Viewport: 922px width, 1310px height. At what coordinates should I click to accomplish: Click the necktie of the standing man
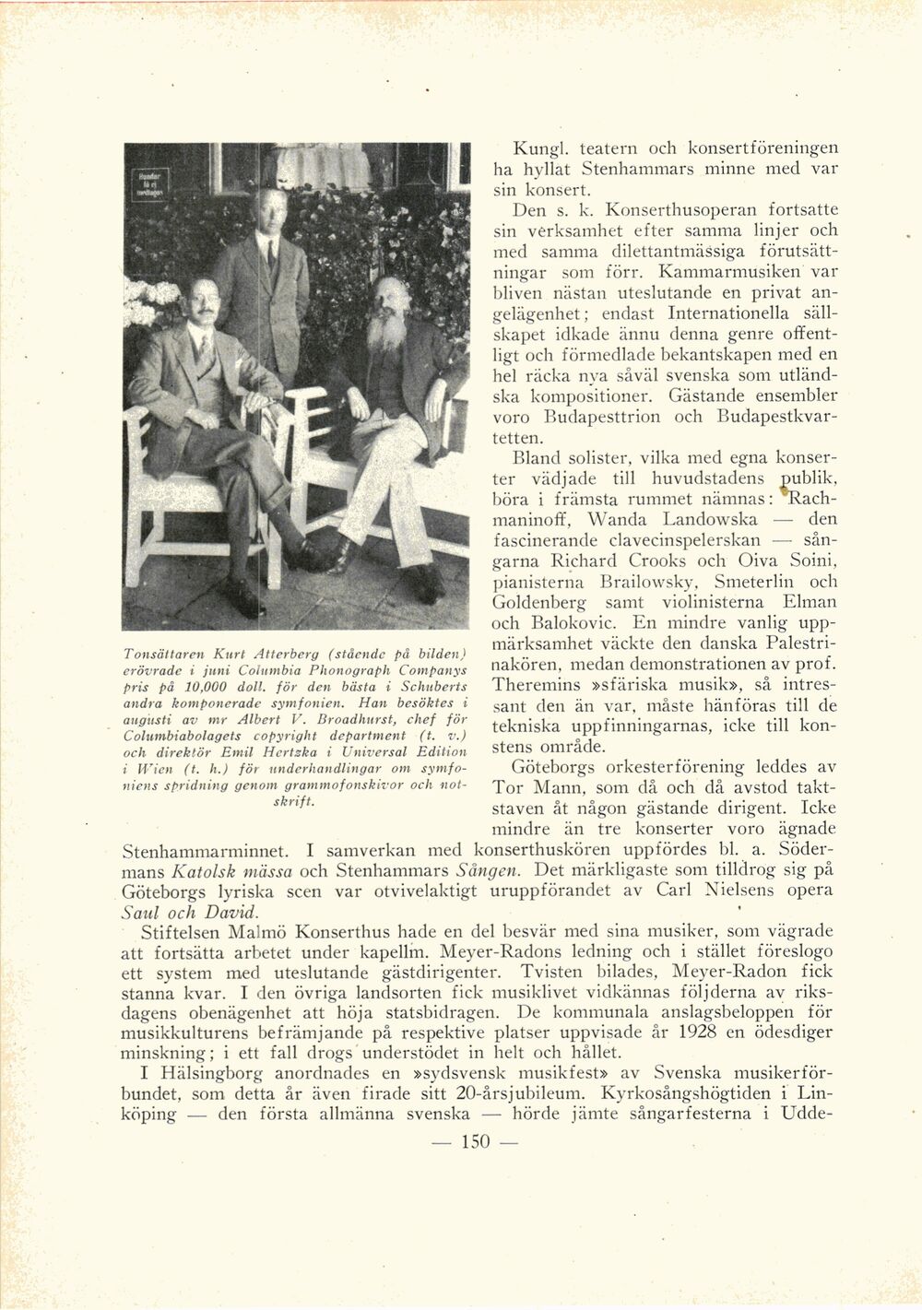pos(272,255)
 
